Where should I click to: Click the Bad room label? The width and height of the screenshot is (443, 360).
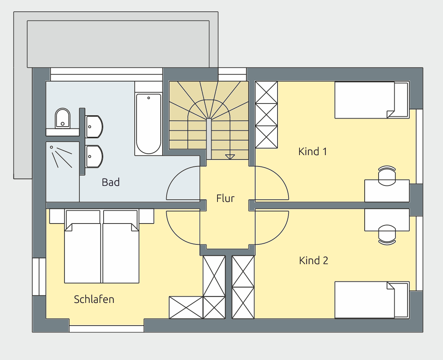(111, 182)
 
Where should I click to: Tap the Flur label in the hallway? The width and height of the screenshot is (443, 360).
(225, 198)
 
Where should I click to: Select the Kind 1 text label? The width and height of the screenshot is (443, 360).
(312, 151)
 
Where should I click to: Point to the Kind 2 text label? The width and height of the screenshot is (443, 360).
(313, 260)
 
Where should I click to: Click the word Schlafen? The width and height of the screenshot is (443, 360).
(94, 299)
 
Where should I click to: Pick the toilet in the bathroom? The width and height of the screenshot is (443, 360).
(63, 118)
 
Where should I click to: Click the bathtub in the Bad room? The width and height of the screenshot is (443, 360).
(149, 124)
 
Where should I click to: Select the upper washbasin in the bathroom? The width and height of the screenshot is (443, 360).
(94, 127)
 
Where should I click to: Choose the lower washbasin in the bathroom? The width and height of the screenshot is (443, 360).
(94, 157)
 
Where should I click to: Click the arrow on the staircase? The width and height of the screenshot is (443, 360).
(230, 157)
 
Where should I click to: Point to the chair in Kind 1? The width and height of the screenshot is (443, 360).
(387, 176)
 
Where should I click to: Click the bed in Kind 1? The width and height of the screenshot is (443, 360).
(372, 100)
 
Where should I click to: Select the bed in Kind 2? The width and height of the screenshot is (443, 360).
(372, 300)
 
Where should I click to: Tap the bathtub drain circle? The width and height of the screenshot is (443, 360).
(149, 98)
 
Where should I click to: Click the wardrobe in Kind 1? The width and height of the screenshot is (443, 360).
(266, 115)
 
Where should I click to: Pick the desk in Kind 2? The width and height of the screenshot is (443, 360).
(387, 220)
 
